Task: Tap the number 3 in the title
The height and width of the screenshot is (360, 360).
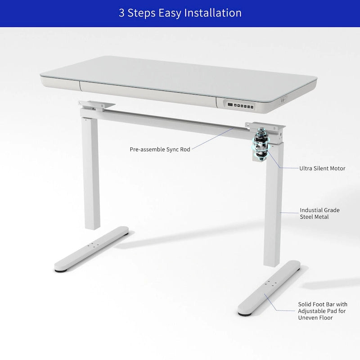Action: tap(121, 13)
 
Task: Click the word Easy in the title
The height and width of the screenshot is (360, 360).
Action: tap(167, 13)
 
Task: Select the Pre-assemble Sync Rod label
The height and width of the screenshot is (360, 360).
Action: tap(160, 149)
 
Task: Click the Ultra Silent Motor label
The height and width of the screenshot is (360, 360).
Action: tap(322, 168)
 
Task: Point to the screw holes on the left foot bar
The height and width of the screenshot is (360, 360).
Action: tap(94, 245)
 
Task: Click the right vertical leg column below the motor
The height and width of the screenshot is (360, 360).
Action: tap(272, 211)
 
